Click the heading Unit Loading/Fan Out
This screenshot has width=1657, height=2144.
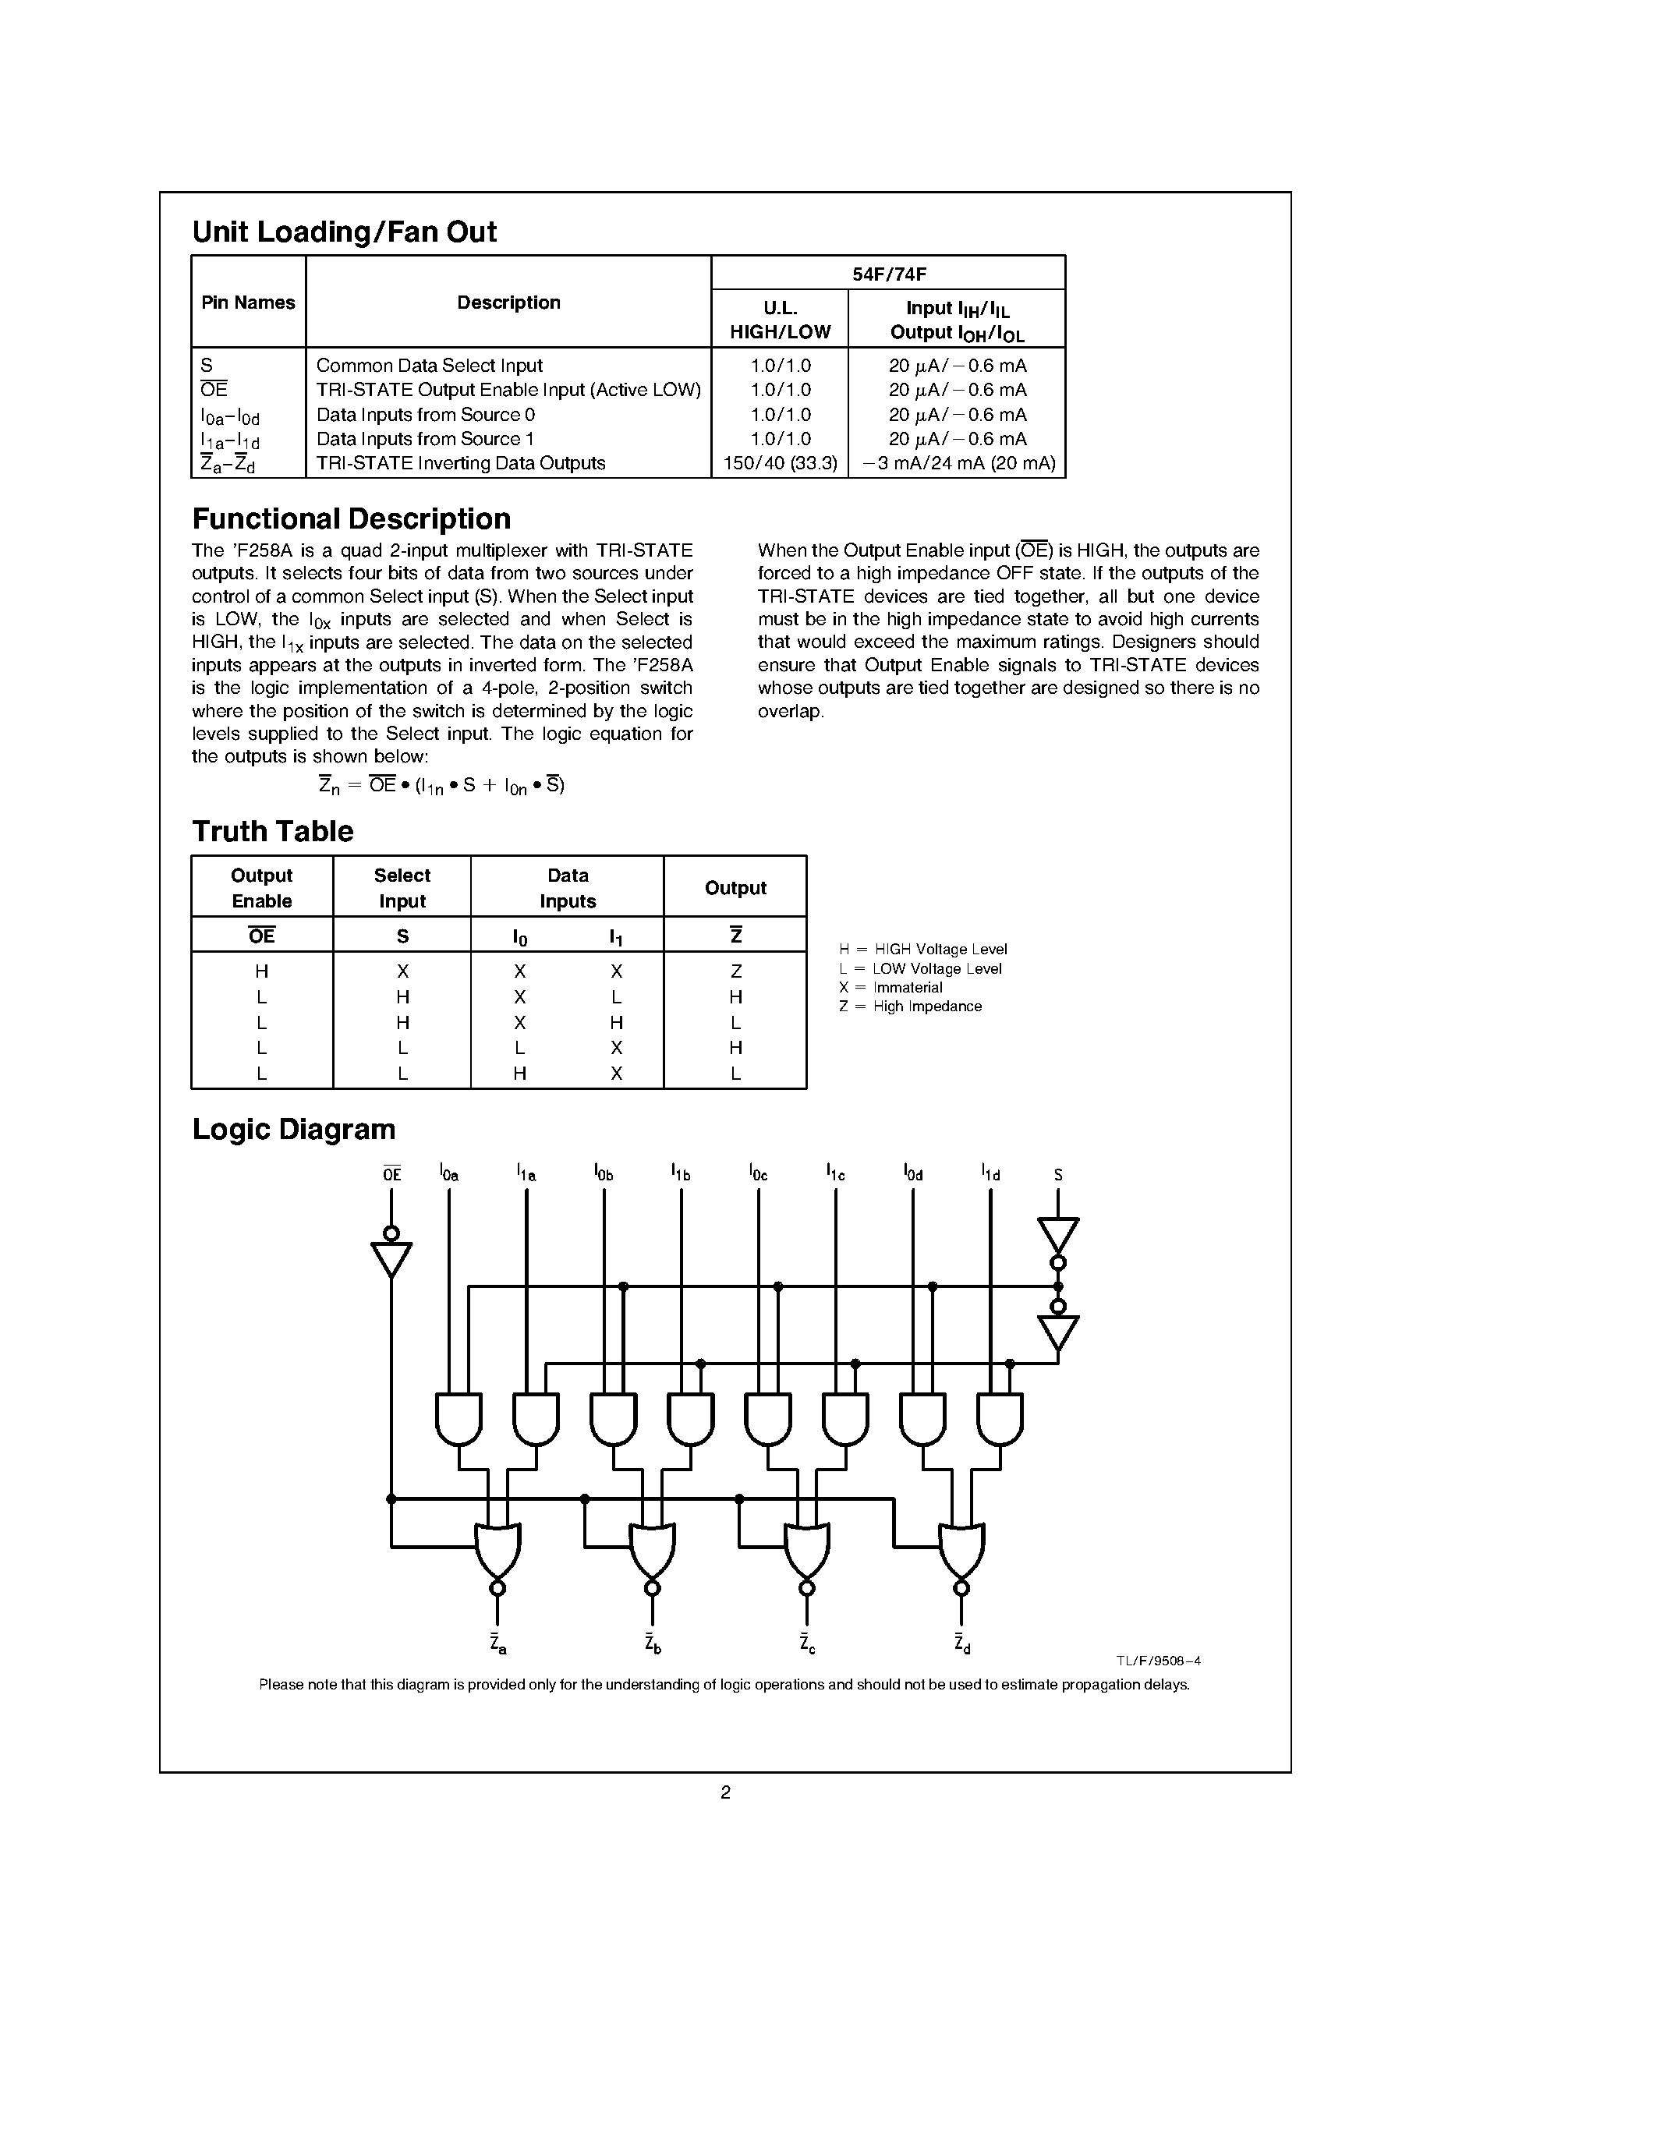tap(344, 232)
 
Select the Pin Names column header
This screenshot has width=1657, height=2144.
tap(247, 302)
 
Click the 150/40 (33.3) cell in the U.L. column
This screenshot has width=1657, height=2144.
tap(780, 463)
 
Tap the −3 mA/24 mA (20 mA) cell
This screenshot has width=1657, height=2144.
tap(957, 463)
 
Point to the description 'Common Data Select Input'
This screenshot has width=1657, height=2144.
tap(429, 365)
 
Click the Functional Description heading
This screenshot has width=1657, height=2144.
tap(352, 518)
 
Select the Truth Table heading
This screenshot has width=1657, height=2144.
tap(272, 832)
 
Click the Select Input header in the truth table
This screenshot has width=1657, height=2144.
tap(402, 887)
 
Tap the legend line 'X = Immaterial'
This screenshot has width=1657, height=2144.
tap(890, 988)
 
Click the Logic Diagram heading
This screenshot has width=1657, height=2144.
tap(293, 1129)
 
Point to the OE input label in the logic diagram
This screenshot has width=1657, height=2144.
tap(391, 1173)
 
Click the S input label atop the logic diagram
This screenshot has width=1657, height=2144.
tap(1057, 1174)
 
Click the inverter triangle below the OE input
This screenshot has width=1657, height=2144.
tap(391, 1258)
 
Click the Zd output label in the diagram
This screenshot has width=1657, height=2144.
tap(962, 1643)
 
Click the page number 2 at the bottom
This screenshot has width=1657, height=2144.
tap(725, 1792)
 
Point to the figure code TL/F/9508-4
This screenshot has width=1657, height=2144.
tap(1157, 1661)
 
